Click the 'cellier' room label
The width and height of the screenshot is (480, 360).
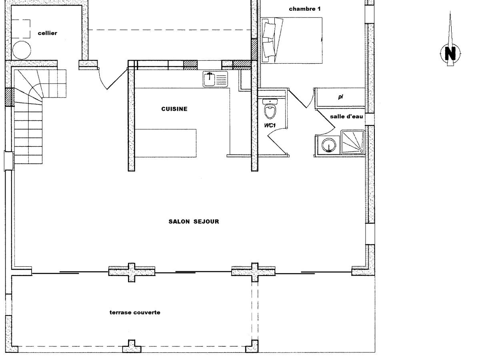(48, 33)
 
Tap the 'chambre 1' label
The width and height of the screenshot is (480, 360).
(305, 9)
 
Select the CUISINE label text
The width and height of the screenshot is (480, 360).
(174, 109)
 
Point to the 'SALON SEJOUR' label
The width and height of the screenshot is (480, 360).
(194, 222)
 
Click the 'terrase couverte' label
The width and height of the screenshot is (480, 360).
(135, 312)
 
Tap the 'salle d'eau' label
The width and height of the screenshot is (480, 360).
(346, 116)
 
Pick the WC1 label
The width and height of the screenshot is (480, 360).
(270, 125)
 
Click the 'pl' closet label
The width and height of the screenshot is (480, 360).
(340, 97)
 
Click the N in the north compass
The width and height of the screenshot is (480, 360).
(450, 53)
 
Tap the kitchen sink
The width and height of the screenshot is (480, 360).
(215, 79)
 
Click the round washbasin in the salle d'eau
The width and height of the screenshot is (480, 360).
(329, 145)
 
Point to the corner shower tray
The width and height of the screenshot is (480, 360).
(353, 142)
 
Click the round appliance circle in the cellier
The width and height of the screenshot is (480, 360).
(22, 50)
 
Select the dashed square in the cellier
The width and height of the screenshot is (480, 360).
(20, 29)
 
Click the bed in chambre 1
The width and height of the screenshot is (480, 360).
(292, 40)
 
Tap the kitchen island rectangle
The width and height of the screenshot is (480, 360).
(165, 143)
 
